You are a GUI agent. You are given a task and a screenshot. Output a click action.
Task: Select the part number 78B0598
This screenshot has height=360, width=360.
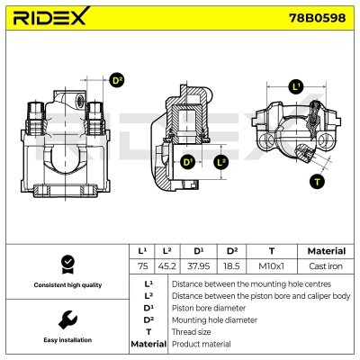(317, 18)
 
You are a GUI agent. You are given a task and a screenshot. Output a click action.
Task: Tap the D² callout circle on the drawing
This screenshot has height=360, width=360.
(116, 80)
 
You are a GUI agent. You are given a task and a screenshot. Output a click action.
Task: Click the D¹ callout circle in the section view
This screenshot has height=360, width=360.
(187, 162)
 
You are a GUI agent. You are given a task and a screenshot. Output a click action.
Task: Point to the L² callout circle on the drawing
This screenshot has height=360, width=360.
(221, 162)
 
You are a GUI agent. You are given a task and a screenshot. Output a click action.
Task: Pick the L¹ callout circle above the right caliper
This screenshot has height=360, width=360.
(296, 86)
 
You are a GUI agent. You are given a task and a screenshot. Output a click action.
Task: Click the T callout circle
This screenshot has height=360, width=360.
(317, 182)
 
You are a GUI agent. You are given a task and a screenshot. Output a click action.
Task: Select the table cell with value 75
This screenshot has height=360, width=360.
(142, 266)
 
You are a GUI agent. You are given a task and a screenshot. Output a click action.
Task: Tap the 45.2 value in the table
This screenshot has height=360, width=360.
(167, 266)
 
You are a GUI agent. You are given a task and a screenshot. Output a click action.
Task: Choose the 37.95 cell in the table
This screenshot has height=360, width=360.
(198, 266)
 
